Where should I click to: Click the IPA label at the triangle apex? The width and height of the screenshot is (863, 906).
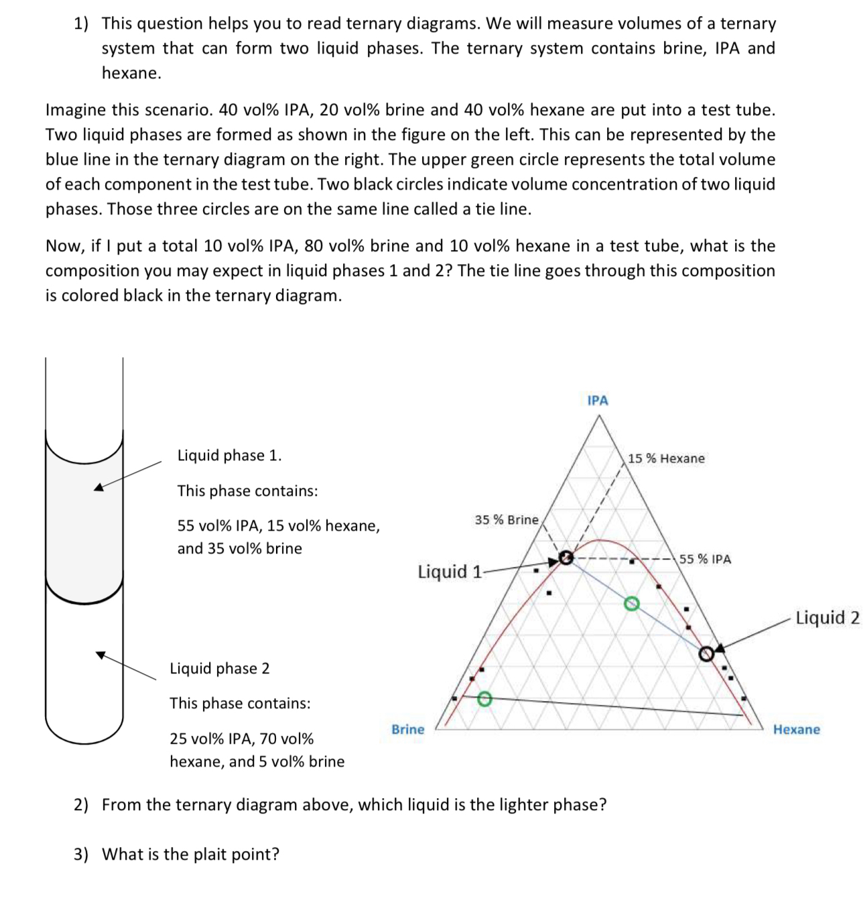pos(597,400)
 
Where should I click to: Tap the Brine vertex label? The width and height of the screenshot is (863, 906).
pos(407,729)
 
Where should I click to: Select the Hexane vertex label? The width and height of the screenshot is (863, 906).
pos(796,729)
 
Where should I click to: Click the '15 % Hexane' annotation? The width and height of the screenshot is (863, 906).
pos(666,458)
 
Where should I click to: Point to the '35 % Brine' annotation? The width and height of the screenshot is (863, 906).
pos(506,519)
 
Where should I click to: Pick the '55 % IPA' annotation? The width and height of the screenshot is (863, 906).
pos(705,559)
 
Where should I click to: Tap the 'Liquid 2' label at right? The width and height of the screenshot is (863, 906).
pos(827,617)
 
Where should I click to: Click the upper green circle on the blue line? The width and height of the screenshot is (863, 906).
pos(630,604)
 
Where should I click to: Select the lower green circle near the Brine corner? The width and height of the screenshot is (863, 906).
pos(485,699)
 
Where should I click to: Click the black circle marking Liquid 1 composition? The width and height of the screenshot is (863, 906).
pos(566,558)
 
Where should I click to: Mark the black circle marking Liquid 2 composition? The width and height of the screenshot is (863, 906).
pos(706,653)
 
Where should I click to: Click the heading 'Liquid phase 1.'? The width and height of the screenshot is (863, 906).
pos(229,455)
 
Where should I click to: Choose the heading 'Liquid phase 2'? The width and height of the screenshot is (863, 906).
pos(219,668)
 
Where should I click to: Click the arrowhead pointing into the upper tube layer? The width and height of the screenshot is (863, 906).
pos(98,487)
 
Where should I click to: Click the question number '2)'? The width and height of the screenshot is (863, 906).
pos(81,804)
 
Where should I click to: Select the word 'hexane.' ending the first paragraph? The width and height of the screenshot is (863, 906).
pos(131,73)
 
